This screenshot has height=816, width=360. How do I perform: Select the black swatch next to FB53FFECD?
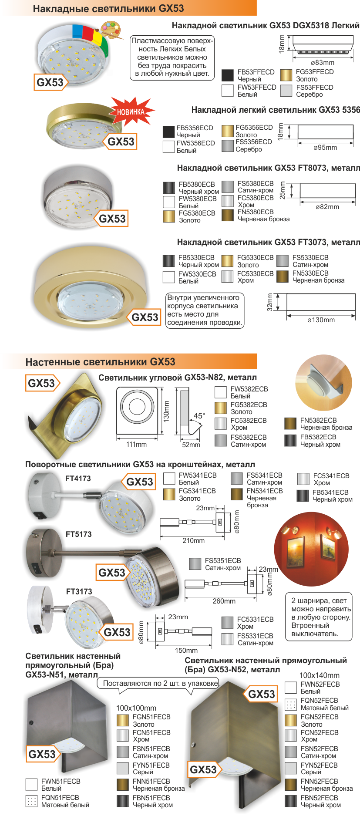tap(228, 75)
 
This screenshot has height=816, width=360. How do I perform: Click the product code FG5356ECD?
tap(254, 128)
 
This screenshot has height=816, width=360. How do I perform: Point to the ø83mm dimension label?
tap(323, 63)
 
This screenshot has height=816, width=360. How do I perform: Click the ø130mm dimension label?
tap(321, 320)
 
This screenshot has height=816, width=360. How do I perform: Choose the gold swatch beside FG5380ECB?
tap(169, 216)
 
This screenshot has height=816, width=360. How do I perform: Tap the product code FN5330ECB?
tap(310, 273)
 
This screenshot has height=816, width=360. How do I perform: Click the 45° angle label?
tap(199, 416)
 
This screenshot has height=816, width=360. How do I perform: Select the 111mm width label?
tap(136, 445)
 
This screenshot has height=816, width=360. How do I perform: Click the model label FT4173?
tap(78, 479)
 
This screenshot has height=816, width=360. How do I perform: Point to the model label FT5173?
tap(79, 534)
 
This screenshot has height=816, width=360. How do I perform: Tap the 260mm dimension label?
tap(224, 601)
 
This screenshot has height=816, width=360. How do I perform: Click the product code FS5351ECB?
tap(223, 561)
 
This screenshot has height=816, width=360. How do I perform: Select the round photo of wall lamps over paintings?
tap(313, 549)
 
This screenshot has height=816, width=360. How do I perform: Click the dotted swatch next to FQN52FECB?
tap(291, 704)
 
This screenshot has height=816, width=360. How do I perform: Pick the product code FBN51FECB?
tap(151, 798)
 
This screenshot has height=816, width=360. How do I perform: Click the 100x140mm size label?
tap(320, 675)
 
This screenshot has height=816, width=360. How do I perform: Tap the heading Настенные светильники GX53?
tap(101, 362)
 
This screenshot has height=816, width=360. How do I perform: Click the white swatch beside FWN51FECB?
tap(32, 785)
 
